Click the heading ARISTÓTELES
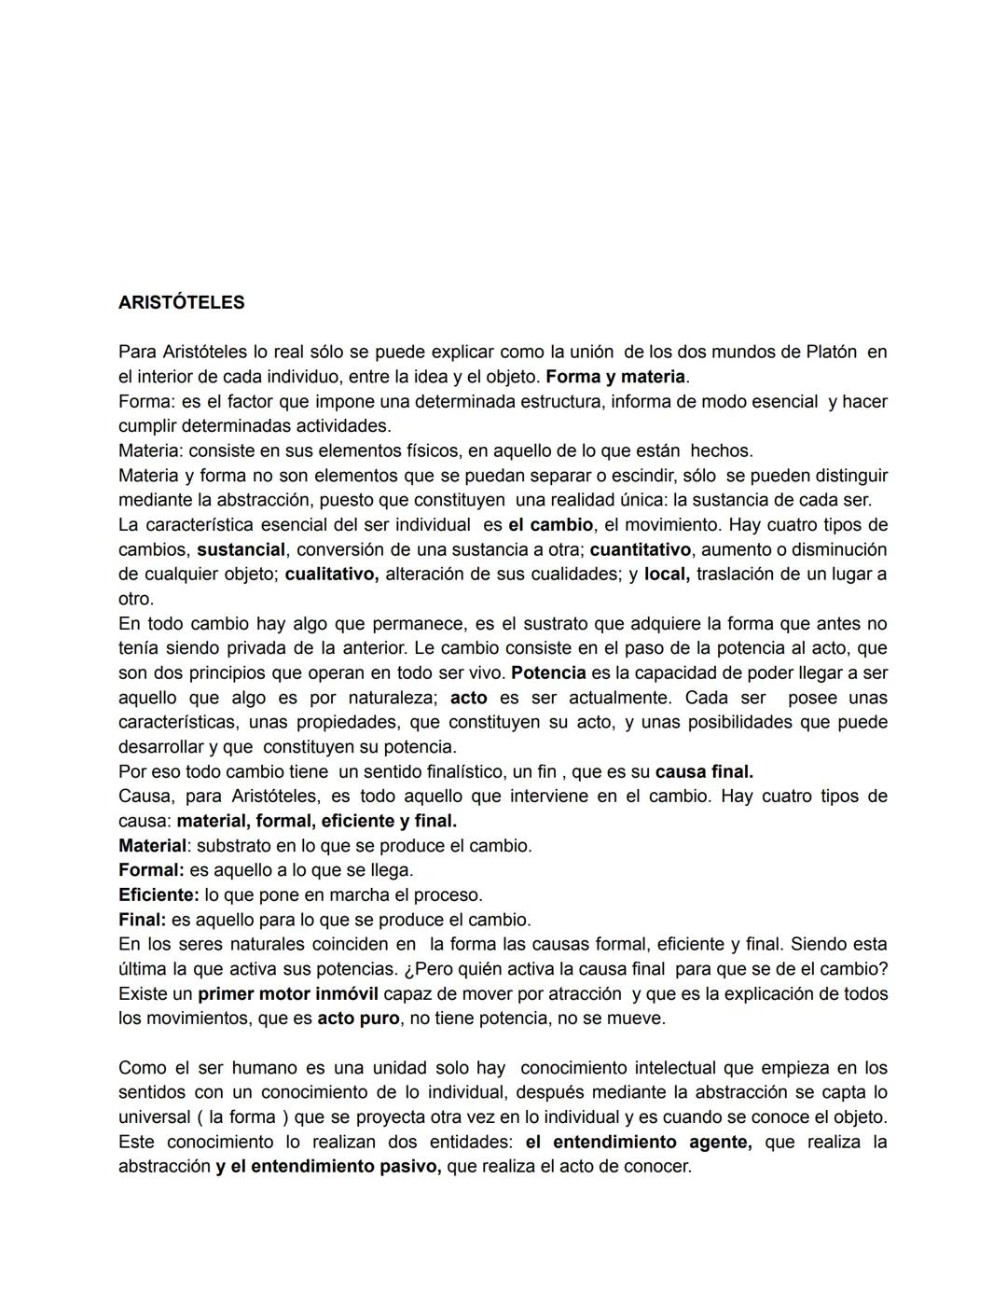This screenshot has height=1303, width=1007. (x=181, y=302)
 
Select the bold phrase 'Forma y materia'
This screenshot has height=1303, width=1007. (x=616, y=377)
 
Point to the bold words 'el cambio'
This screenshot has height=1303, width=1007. (x=550, y=524)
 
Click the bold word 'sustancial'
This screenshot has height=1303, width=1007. (x=241, y=549)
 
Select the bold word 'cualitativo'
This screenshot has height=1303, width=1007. (x=331, y=574)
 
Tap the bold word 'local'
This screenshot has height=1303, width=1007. (x=666, y=574)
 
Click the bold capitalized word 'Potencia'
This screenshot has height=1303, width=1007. (x=548, y=672)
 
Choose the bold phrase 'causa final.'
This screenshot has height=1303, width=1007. (x=704, y=771)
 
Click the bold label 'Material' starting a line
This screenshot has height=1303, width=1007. (x=152, y=846)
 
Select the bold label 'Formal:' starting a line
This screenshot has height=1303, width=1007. (x=151, y=870)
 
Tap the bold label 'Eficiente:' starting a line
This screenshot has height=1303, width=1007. (x=159, y=895)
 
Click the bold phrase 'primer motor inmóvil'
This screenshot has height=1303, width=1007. (x=287, y=993)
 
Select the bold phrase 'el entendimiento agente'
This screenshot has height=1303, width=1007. (x=638, y=1142)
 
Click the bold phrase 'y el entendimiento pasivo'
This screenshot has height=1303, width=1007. (x=328, y=1167)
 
